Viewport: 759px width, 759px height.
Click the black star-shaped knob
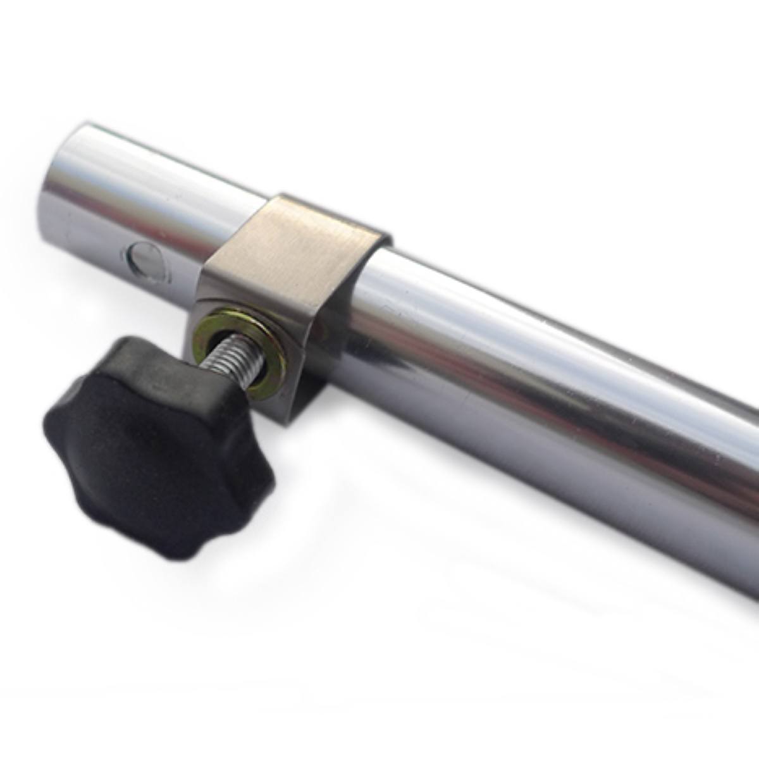click(x=158, y=449)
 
